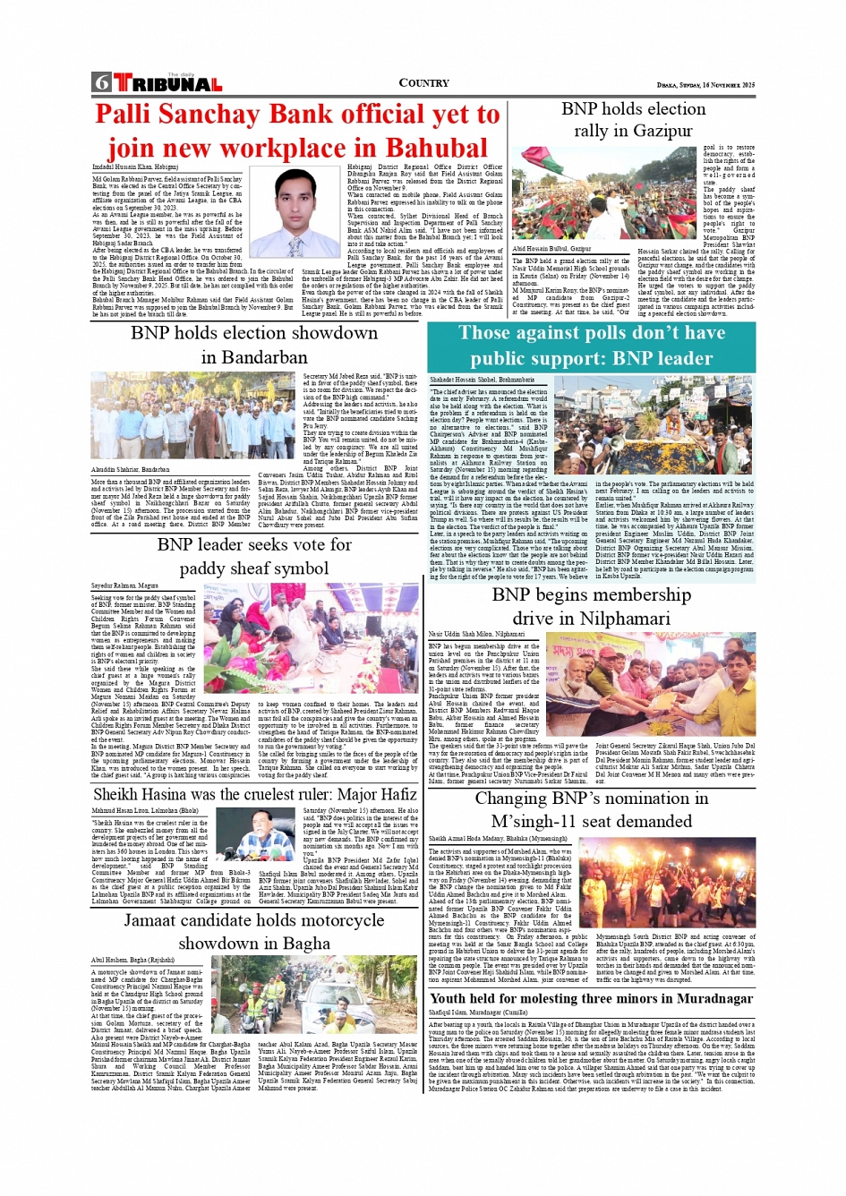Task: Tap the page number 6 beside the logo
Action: pyautogui.click(x=101, y=83)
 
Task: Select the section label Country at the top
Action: pyautogui.click(x=423, y=82)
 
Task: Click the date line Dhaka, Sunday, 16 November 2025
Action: pyautogui.click(x=705, y=85)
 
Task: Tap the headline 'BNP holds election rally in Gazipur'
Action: pyautogui.click(x=633, y=119)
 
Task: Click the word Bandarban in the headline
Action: pyautogui.click(x=254, y=357)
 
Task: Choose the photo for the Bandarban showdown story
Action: pyautogui.click(x=193, y=417)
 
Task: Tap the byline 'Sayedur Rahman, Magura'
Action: pyautogui.click(x=125, y=585)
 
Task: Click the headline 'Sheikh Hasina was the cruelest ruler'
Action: pyautogui.click(x=254, y=794)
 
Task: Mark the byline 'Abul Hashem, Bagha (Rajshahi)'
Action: pyautogui.click(x=132, y=960)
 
